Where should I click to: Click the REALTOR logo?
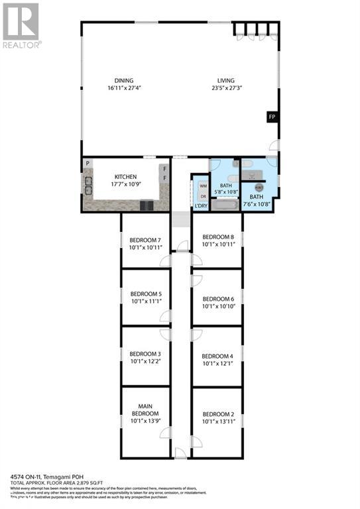tap(21, 25)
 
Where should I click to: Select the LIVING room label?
tap(227, 81)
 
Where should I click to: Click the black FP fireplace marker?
tap(271, 117)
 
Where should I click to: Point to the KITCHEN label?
tap(125, 177)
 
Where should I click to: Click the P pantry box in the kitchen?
tap(87, 163)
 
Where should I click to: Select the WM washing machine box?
tap(202, 187)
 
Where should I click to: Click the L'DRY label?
tap(202, 207)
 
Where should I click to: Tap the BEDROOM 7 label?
tap(145, 240)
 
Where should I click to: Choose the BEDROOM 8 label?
tap(218, 237)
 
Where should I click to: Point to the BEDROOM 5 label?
tap(146, 294)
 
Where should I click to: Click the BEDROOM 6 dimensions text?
tap(218, 306)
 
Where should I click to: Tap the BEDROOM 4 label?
tap(217, 356)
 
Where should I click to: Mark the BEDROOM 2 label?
tap(217, 414)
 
